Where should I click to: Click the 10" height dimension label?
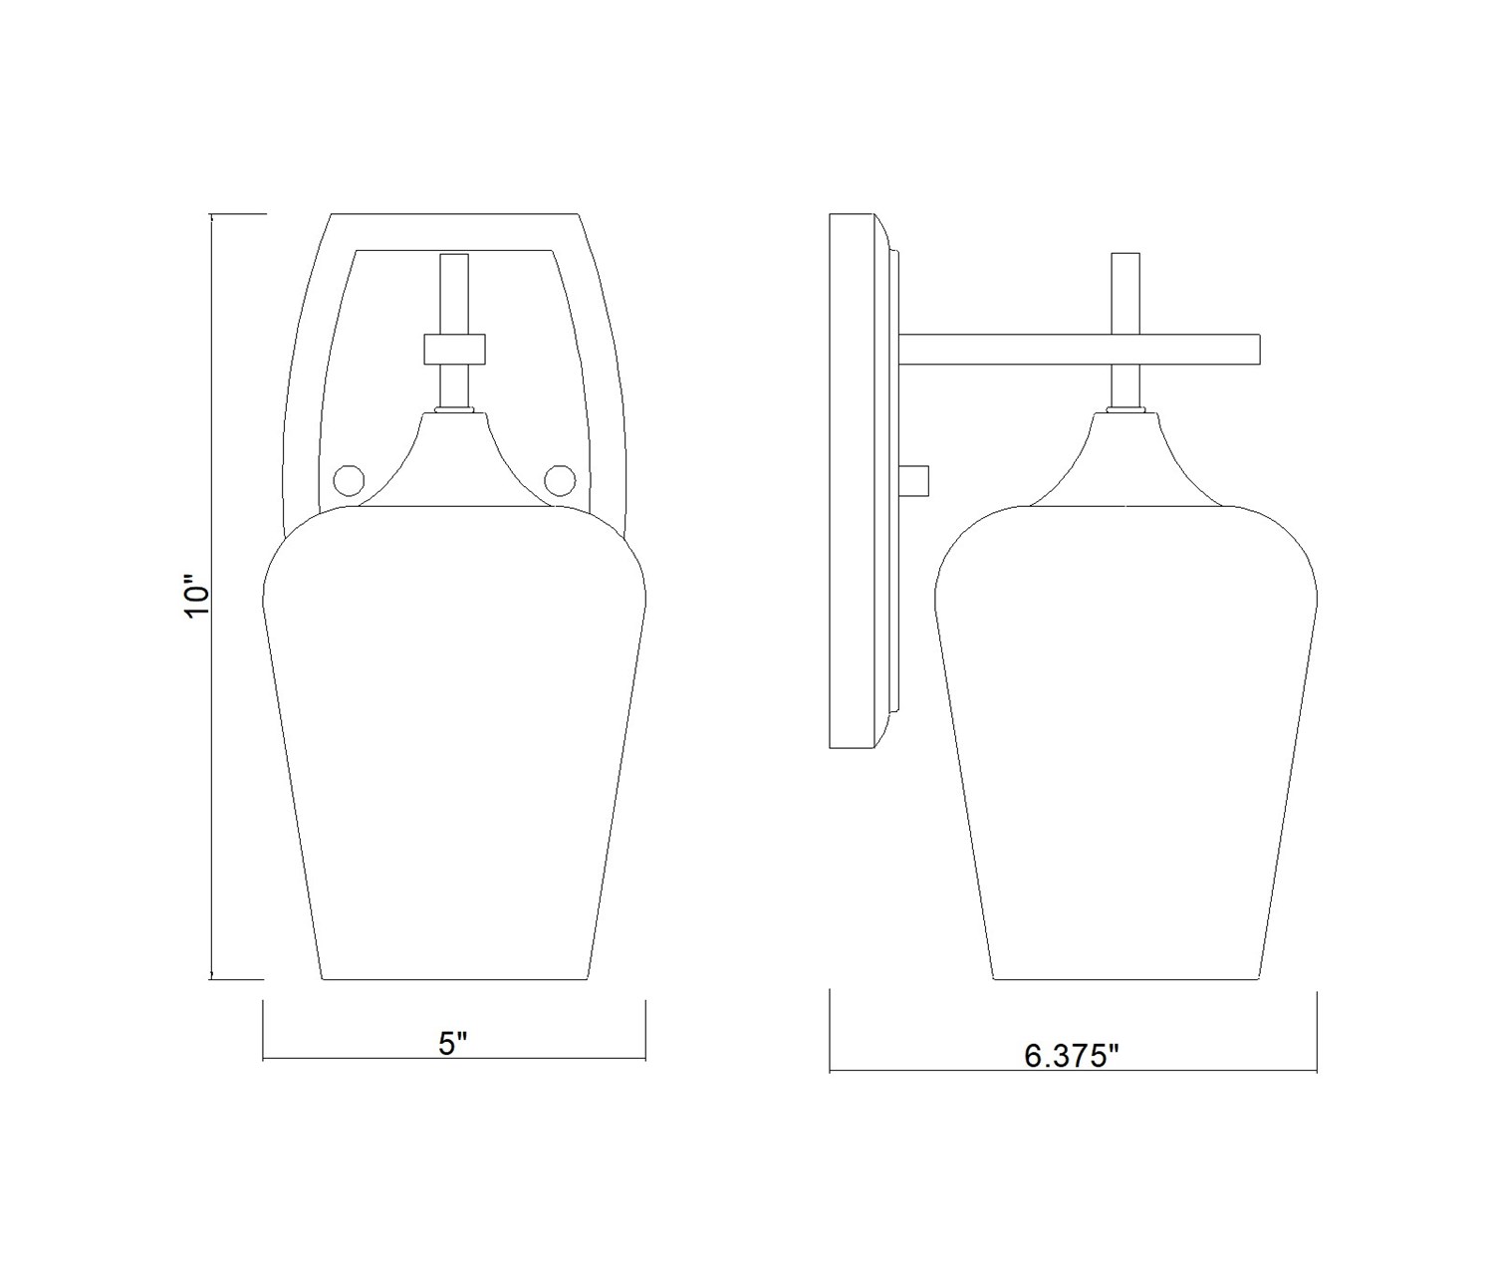pos(196,595)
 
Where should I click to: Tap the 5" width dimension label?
pos(453,1044)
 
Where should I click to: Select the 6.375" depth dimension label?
pos(1072,1057)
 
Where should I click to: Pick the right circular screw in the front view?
pos(560,480)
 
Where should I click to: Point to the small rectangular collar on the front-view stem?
pos(454,349)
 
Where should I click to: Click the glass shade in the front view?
pos(454,742)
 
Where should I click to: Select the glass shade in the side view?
pos(1125,742)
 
